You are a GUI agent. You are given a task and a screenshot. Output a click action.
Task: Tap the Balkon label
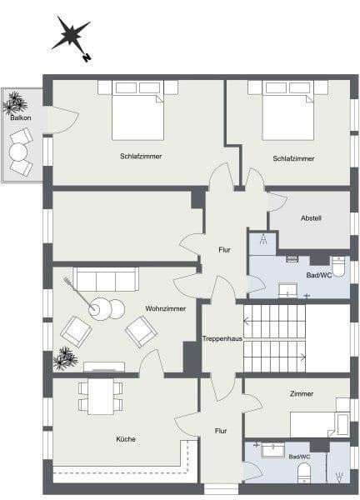(x=21, y=119)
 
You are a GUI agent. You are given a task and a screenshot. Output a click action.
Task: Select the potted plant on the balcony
(x=15, y=102)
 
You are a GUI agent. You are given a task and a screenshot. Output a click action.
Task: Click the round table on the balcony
(x=18, y=152)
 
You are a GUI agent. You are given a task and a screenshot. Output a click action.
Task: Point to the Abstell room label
(x=311, y=218)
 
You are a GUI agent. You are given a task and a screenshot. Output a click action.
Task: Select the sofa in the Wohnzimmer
(x=106, y=279)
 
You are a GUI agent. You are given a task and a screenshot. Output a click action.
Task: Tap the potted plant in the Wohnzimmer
(x=64, y=359)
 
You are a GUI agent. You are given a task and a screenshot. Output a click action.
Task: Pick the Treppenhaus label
(x=221, y=338)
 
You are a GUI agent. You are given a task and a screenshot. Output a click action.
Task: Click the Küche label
(x=127, y=439)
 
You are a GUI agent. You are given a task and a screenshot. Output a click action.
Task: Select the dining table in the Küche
(x=100, y=396)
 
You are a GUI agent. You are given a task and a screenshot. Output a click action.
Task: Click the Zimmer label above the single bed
(x=302, y=394)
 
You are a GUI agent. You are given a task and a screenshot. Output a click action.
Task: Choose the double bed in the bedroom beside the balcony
(x=137, y=112)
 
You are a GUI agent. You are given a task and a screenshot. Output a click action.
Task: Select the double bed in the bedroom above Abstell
(x=287, y=112)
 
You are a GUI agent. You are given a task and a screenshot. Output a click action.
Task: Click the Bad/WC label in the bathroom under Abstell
(x=319, y=274)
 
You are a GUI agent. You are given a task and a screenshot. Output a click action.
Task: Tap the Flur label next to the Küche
(x=221, y=431)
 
